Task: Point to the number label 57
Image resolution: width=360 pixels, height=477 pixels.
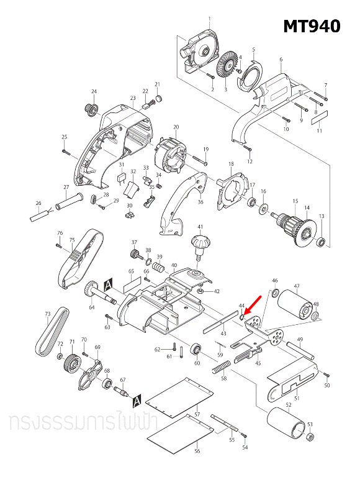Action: (196, 414)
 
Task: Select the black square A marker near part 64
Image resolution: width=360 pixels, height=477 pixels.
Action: (109, 283)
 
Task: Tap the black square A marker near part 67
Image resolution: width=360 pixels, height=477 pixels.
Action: (138, 397)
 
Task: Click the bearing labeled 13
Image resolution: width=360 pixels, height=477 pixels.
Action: (321, 242)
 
